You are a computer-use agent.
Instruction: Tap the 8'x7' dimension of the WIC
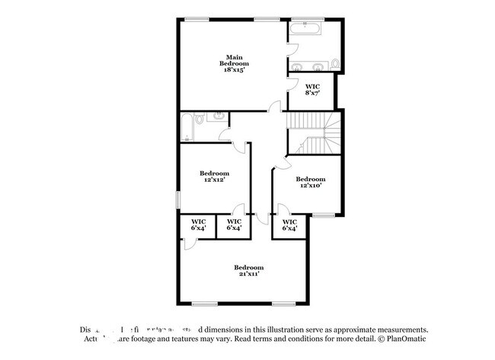point(312,93)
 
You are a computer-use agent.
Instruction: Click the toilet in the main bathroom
point(336,62)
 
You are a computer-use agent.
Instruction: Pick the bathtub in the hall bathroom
point(186,126)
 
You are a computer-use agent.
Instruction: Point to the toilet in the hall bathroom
point(200,118)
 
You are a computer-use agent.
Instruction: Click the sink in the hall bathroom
point(216,117)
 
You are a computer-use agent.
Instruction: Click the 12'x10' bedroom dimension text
point(310,185)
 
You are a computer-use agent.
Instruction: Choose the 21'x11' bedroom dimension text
point(248,274)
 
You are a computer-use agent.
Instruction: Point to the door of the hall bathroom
point(226,136)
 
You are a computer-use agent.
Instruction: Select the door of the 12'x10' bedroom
point(282,161)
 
